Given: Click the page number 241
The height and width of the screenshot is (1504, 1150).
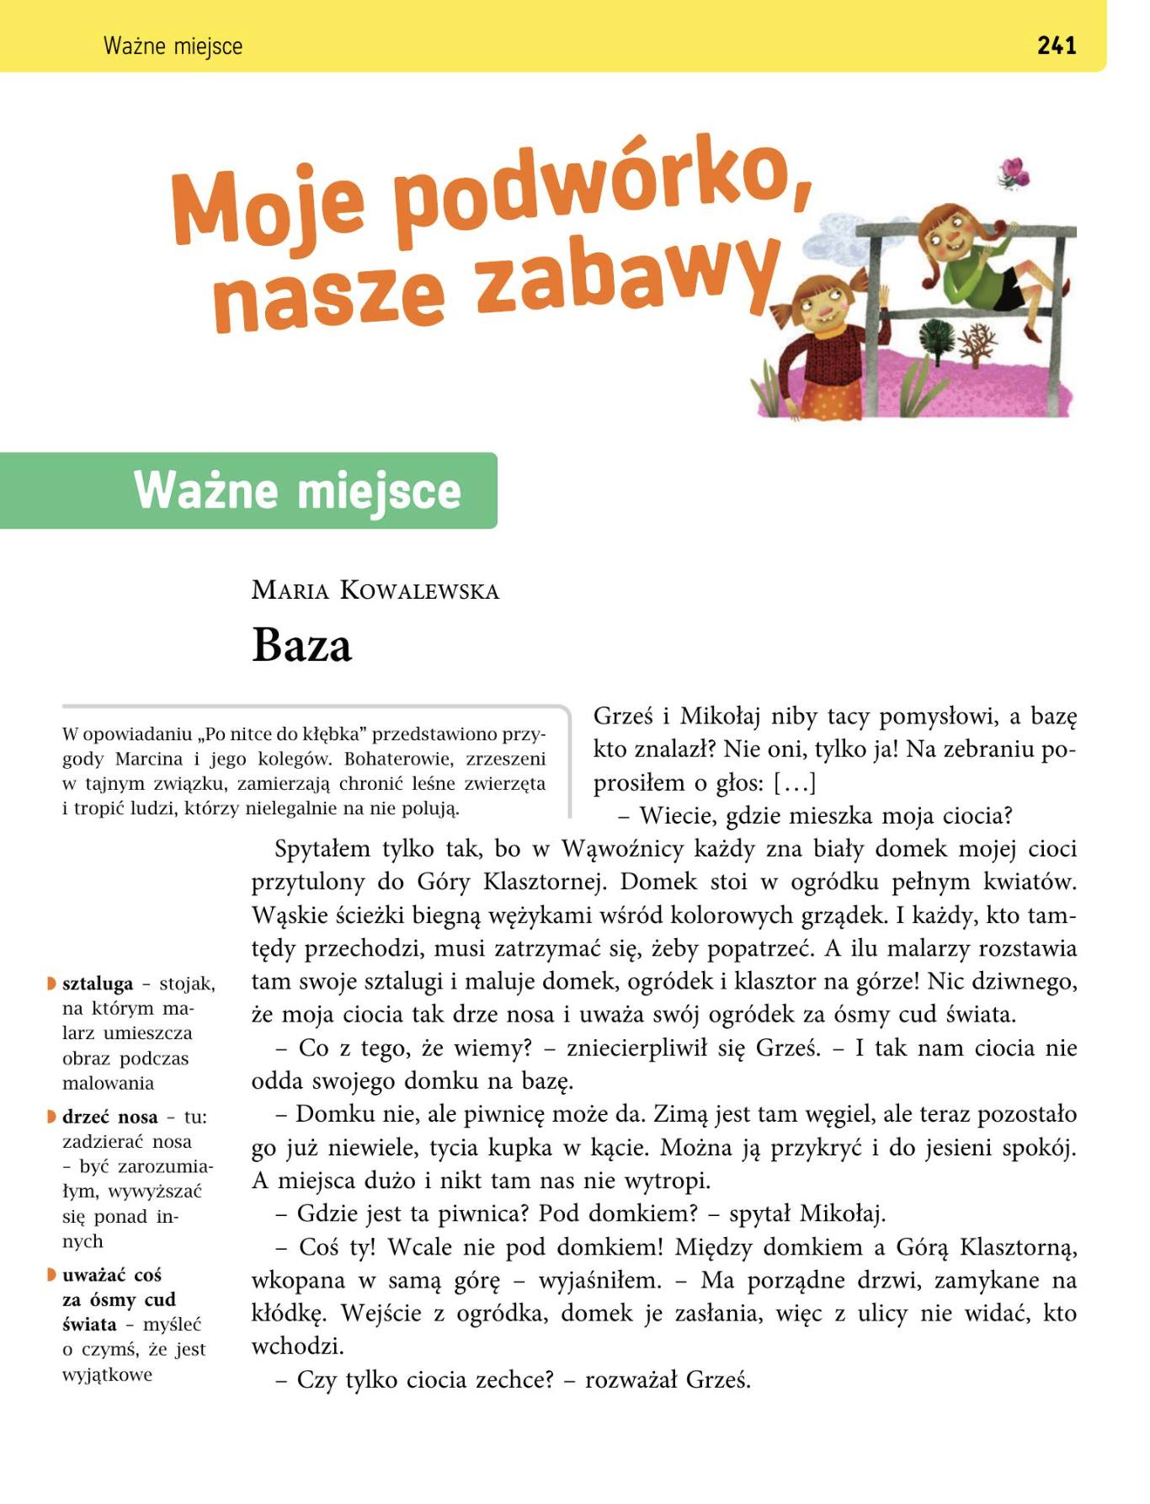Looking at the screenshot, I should [x=1057, y=45].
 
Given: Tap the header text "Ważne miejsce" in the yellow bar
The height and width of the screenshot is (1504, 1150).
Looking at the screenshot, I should [x=173, y=46].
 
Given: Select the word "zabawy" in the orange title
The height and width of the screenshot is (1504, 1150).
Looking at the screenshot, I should [x=627, y=278].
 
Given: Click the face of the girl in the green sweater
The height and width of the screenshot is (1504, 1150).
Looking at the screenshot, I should [x=947, y=236].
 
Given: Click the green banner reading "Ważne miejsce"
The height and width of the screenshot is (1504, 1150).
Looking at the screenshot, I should [x=297, y=491].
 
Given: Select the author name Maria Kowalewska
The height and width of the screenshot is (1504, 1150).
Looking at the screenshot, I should [x=375, y=590].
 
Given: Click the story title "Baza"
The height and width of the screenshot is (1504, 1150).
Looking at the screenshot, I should [x=301, y=647].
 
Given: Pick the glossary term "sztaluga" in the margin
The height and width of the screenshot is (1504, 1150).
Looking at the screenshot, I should [x=98, y=984].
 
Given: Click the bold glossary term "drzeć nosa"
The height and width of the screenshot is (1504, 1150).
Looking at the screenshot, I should [x=109, y=1117].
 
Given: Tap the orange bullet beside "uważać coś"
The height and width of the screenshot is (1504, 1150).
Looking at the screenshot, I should [x=51, y=1275].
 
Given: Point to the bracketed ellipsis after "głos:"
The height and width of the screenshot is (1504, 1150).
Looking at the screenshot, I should [x=795, y=783].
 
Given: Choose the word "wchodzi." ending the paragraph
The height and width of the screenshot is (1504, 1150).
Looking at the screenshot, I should [x=298, y=1347].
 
